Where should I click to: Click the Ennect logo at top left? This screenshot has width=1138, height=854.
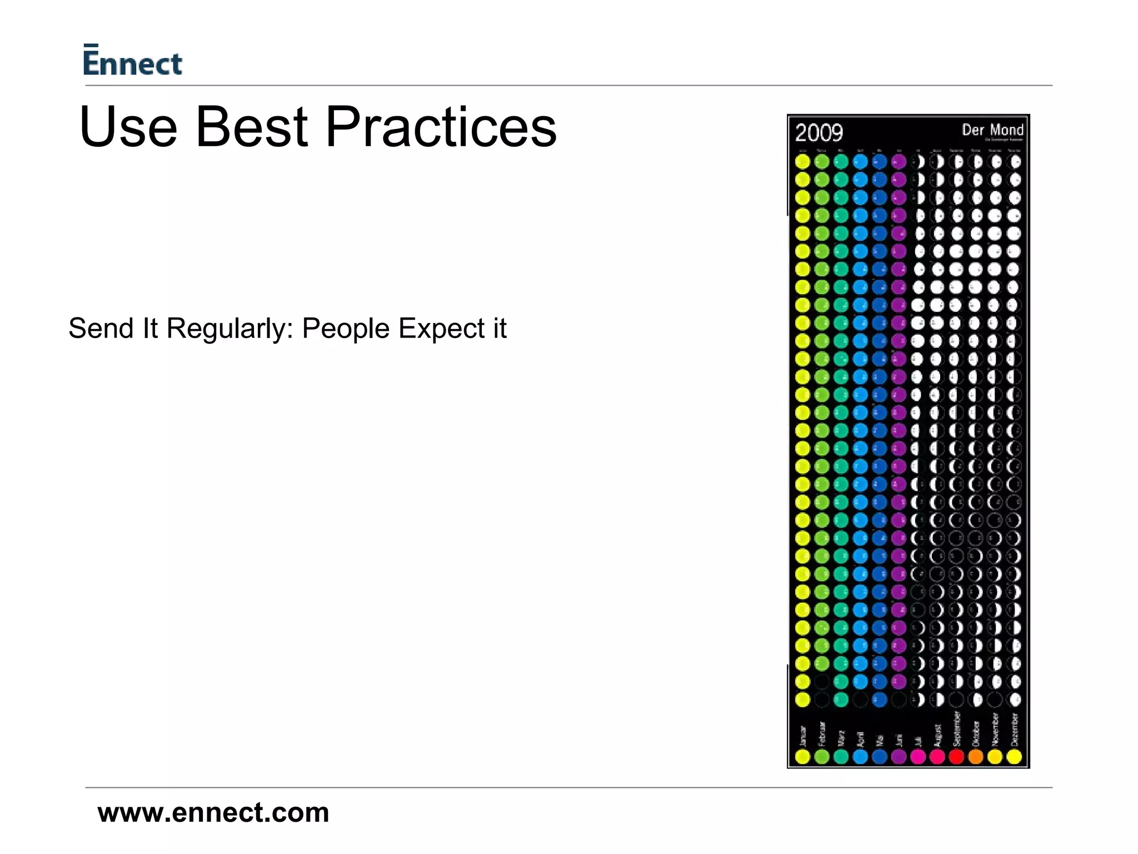click(132, 60)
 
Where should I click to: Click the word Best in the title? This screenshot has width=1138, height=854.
click(251, 127)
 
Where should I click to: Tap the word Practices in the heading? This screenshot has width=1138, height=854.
click(440, 127)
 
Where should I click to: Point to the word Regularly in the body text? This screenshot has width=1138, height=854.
click(229, 329)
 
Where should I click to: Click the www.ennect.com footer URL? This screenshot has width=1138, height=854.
click(213, 812)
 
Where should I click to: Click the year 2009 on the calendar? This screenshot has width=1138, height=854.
click(818, 133)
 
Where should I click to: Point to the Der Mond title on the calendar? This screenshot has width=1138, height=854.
click(992, 130)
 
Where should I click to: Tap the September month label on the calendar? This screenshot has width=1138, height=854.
click(957, 728)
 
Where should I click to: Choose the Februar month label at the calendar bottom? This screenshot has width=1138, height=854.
click(822, 733)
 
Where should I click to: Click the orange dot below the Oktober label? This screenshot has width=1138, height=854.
click(976, 757)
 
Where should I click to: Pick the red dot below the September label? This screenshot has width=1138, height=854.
click(957, 757)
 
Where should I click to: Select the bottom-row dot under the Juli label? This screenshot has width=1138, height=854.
click(918, 757)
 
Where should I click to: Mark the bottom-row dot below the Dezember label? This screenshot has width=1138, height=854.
click(1014, 757)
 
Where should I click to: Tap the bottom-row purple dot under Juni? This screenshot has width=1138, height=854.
click(899, 757)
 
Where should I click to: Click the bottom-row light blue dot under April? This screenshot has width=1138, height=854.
click(860, 757)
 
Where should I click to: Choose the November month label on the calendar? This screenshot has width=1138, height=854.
click(995, 729)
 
